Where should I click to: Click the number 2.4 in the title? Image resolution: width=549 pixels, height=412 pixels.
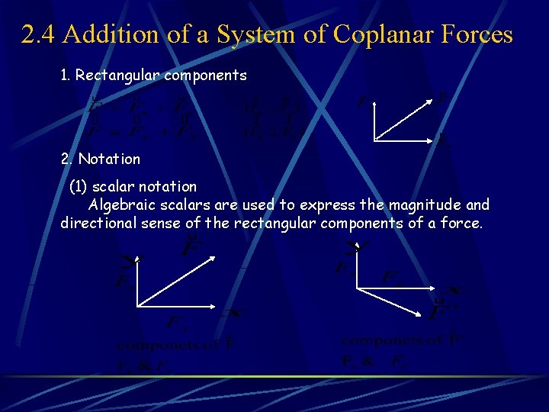point(38,34)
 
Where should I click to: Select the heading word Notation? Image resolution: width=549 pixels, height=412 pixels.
point(109,159)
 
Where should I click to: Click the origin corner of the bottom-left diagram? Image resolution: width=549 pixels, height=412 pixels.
point(137,306)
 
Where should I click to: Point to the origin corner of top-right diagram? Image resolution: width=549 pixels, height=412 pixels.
point(374,141)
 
